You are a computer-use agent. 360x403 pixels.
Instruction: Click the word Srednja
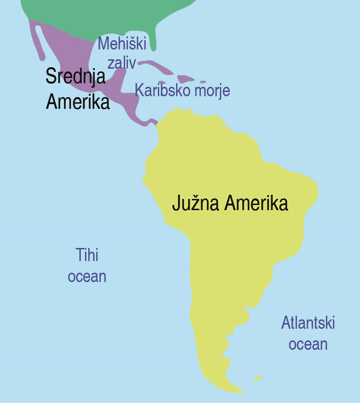point(75,77)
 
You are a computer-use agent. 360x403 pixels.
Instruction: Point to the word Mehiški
point(122,44)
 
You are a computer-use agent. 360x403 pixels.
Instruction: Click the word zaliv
point(121,63)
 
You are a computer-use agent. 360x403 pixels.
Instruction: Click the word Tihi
point(87,255)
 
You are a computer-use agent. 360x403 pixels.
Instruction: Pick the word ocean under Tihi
point(87,276)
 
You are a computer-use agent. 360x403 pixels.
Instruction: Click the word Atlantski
point(308,323)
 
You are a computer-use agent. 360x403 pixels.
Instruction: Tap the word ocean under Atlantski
point(308,344)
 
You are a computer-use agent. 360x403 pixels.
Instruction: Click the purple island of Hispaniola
point(185,78)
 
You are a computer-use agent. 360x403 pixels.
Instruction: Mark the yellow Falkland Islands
point(257,378)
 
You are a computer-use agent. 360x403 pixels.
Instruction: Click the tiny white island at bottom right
point(334,390)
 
